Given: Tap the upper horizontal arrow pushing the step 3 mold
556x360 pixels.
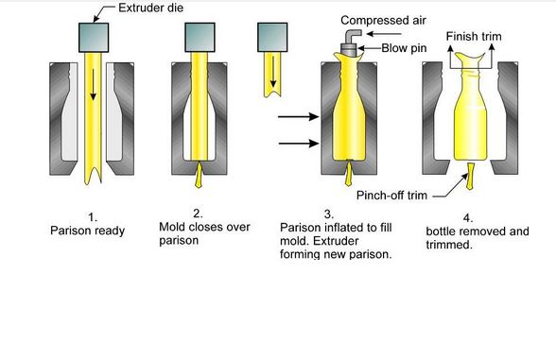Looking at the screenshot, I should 298,119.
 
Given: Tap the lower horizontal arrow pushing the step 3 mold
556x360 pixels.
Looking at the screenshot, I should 298,145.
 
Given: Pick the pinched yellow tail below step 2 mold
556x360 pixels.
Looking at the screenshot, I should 204,177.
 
